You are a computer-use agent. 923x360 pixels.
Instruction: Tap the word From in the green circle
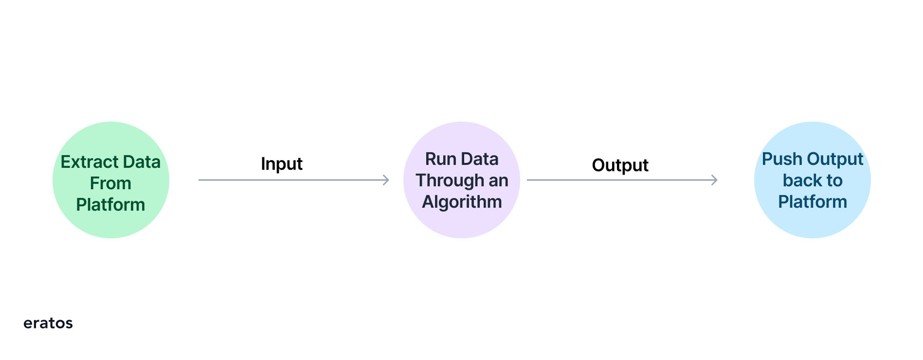(110, 183)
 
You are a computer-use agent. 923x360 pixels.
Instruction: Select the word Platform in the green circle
(110, 205)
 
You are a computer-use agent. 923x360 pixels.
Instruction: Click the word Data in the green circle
(142, 162)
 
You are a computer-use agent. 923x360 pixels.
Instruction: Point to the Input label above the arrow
(282, 164)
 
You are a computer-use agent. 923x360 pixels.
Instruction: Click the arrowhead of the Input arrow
(387, 180)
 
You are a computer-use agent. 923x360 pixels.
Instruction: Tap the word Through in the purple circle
(450, 181)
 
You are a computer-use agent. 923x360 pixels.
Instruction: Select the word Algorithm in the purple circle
(462, 202)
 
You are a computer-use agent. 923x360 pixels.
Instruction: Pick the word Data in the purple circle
(479, 159)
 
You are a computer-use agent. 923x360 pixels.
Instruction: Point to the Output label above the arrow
(620, 165)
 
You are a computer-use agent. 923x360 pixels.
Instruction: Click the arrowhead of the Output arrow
(715, 180)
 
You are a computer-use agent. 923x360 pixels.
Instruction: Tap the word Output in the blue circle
(835, 160)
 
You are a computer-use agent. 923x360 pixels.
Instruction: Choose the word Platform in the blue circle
(813, 202)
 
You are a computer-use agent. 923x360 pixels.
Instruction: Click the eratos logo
(48, 323)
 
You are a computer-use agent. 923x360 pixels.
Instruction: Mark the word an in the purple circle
(498, 181)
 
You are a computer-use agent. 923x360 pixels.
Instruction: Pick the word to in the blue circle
(833, 180)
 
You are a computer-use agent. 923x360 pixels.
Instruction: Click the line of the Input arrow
(294, 180)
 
